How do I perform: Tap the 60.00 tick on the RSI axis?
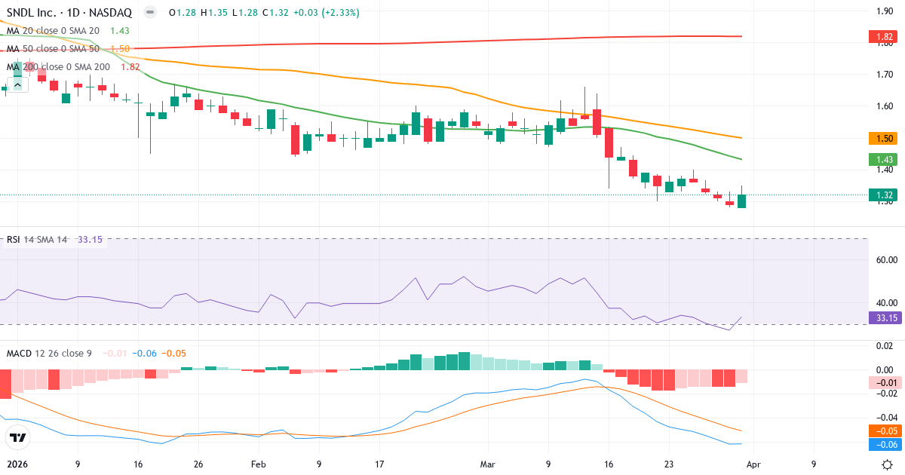885,260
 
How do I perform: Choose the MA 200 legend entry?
59,66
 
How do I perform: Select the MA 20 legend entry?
53,30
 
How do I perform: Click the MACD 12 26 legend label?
50,353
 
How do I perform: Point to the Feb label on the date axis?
259,464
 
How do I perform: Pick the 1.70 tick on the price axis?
885,75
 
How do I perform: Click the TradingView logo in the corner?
17,438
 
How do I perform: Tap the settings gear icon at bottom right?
888,464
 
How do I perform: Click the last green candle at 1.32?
742,201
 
